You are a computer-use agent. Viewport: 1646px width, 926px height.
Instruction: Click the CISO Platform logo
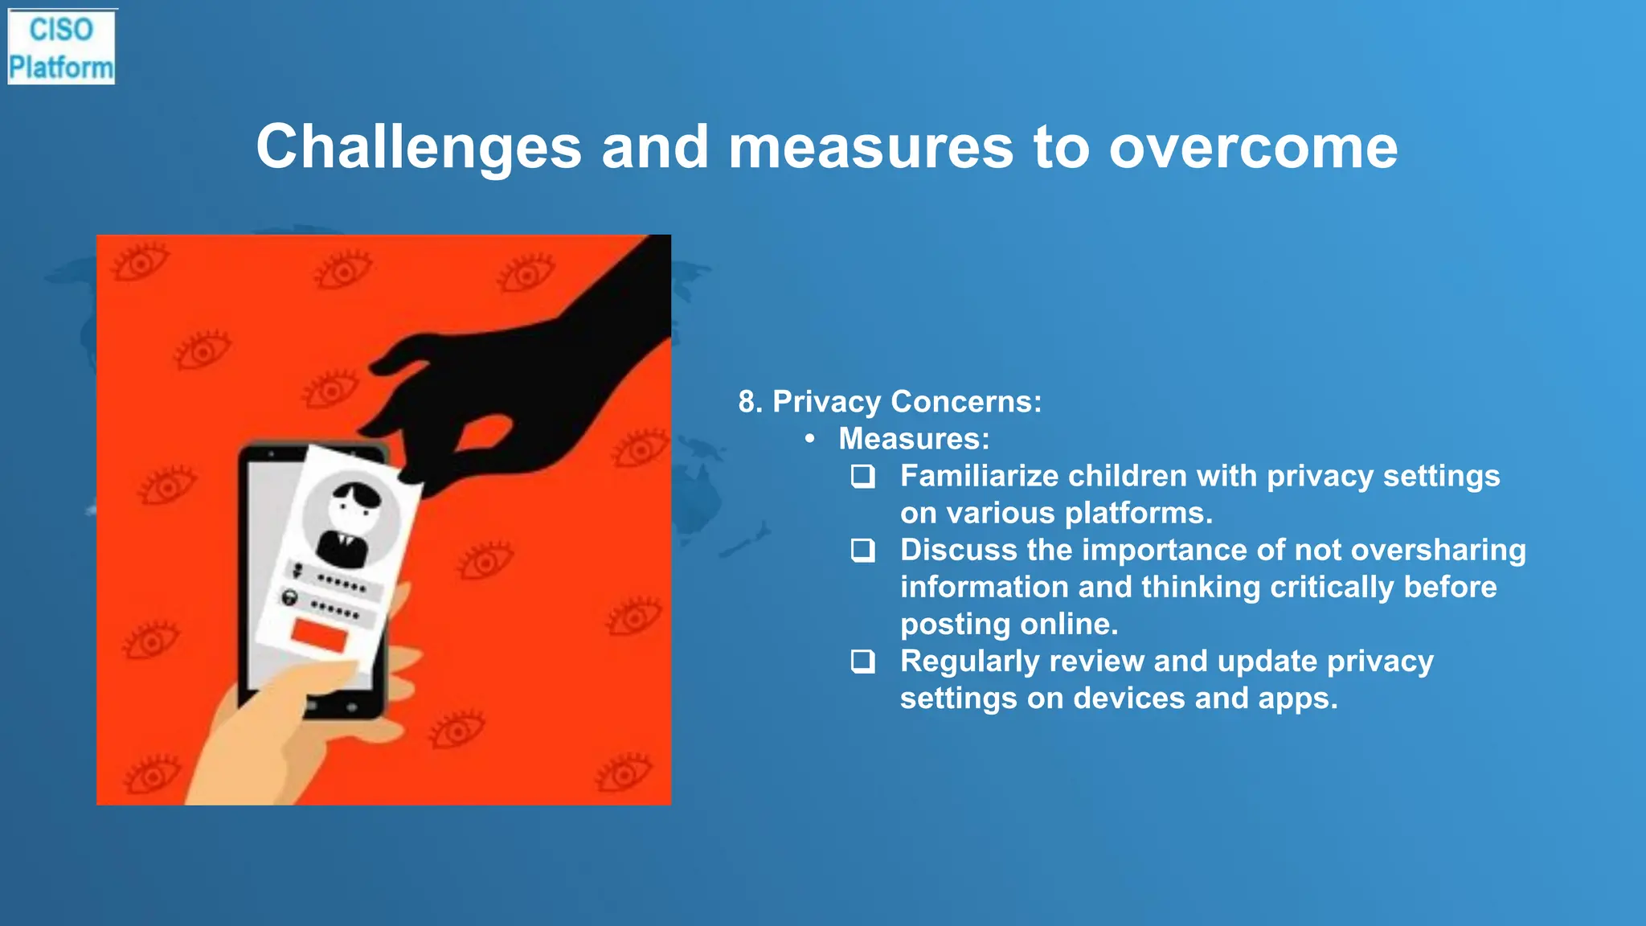(x=61, y=47)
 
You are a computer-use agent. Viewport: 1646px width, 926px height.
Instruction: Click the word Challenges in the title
(x=419, y=147)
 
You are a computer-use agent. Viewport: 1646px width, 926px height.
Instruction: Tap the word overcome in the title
(x=1253, y=147)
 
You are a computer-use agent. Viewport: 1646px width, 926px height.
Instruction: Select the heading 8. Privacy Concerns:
(x=890, y=401)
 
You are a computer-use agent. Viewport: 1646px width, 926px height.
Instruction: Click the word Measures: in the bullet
(x=914, y=439)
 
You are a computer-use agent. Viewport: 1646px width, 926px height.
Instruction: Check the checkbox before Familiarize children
(x=863, y=477)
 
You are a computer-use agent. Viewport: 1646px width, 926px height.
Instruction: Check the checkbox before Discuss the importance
(x=863, y=551)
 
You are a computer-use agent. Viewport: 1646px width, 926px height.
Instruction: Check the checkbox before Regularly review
(x=863, y=662)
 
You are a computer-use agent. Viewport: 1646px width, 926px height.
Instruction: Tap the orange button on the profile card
(x=319, y=635)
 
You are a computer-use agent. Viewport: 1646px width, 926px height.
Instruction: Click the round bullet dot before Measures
(x=810, y=439)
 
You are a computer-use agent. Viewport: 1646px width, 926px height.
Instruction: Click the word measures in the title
(x=870, y=147)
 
